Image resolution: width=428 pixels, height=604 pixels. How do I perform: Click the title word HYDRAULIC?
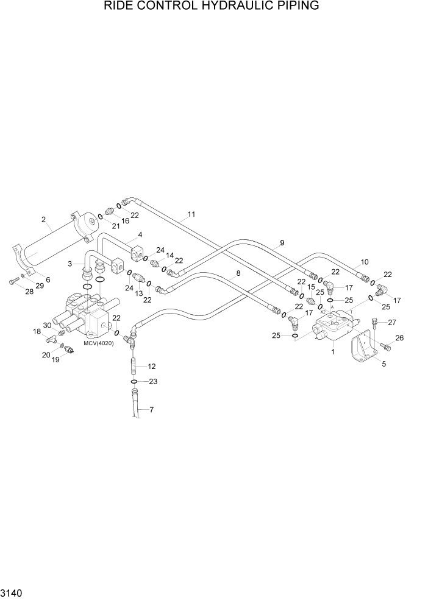235,7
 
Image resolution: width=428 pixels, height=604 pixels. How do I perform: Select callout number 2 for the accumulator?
43,219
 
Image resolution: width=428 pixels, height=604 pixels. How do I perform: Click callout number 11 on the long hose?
191,214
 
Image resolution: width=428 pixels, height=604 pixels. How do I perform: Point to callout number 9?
282,243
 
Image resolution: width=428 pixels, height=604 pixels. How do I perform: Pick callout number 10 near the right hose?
364,262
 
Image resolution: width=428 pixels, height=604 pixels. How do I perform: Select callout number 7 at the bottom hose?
151,409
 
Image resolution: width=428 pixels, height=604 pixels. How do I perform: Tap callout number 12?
152,366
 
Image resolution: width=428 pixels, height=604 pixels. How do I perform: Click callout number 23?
153,382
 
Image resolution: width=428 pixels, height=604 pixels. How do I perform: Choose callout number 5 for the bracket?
383,365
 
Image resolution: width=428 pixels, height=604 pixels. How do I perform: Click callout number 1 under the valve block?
332,351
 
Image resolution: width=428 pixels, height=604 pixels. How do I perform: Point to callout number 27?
392,323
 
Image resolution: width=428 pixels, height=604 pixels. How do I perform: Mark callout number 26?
399,338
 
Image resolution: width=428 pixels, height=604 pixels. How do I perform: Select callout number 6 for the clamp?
48,279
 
